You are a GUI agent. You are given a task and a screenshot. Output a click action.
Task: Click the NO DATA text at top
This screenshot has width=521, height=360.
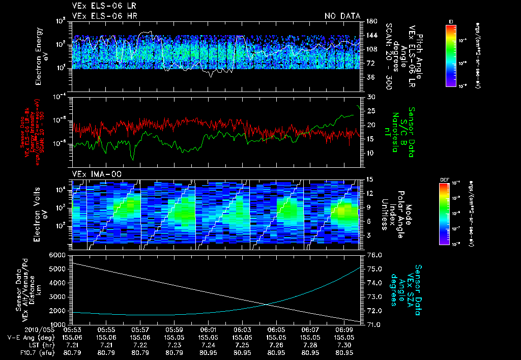click(x=342, y=16)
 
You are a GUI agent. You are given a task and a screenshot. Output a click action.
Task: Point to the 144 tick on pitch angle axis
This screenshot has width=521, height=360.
click(x=371, y=36)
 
